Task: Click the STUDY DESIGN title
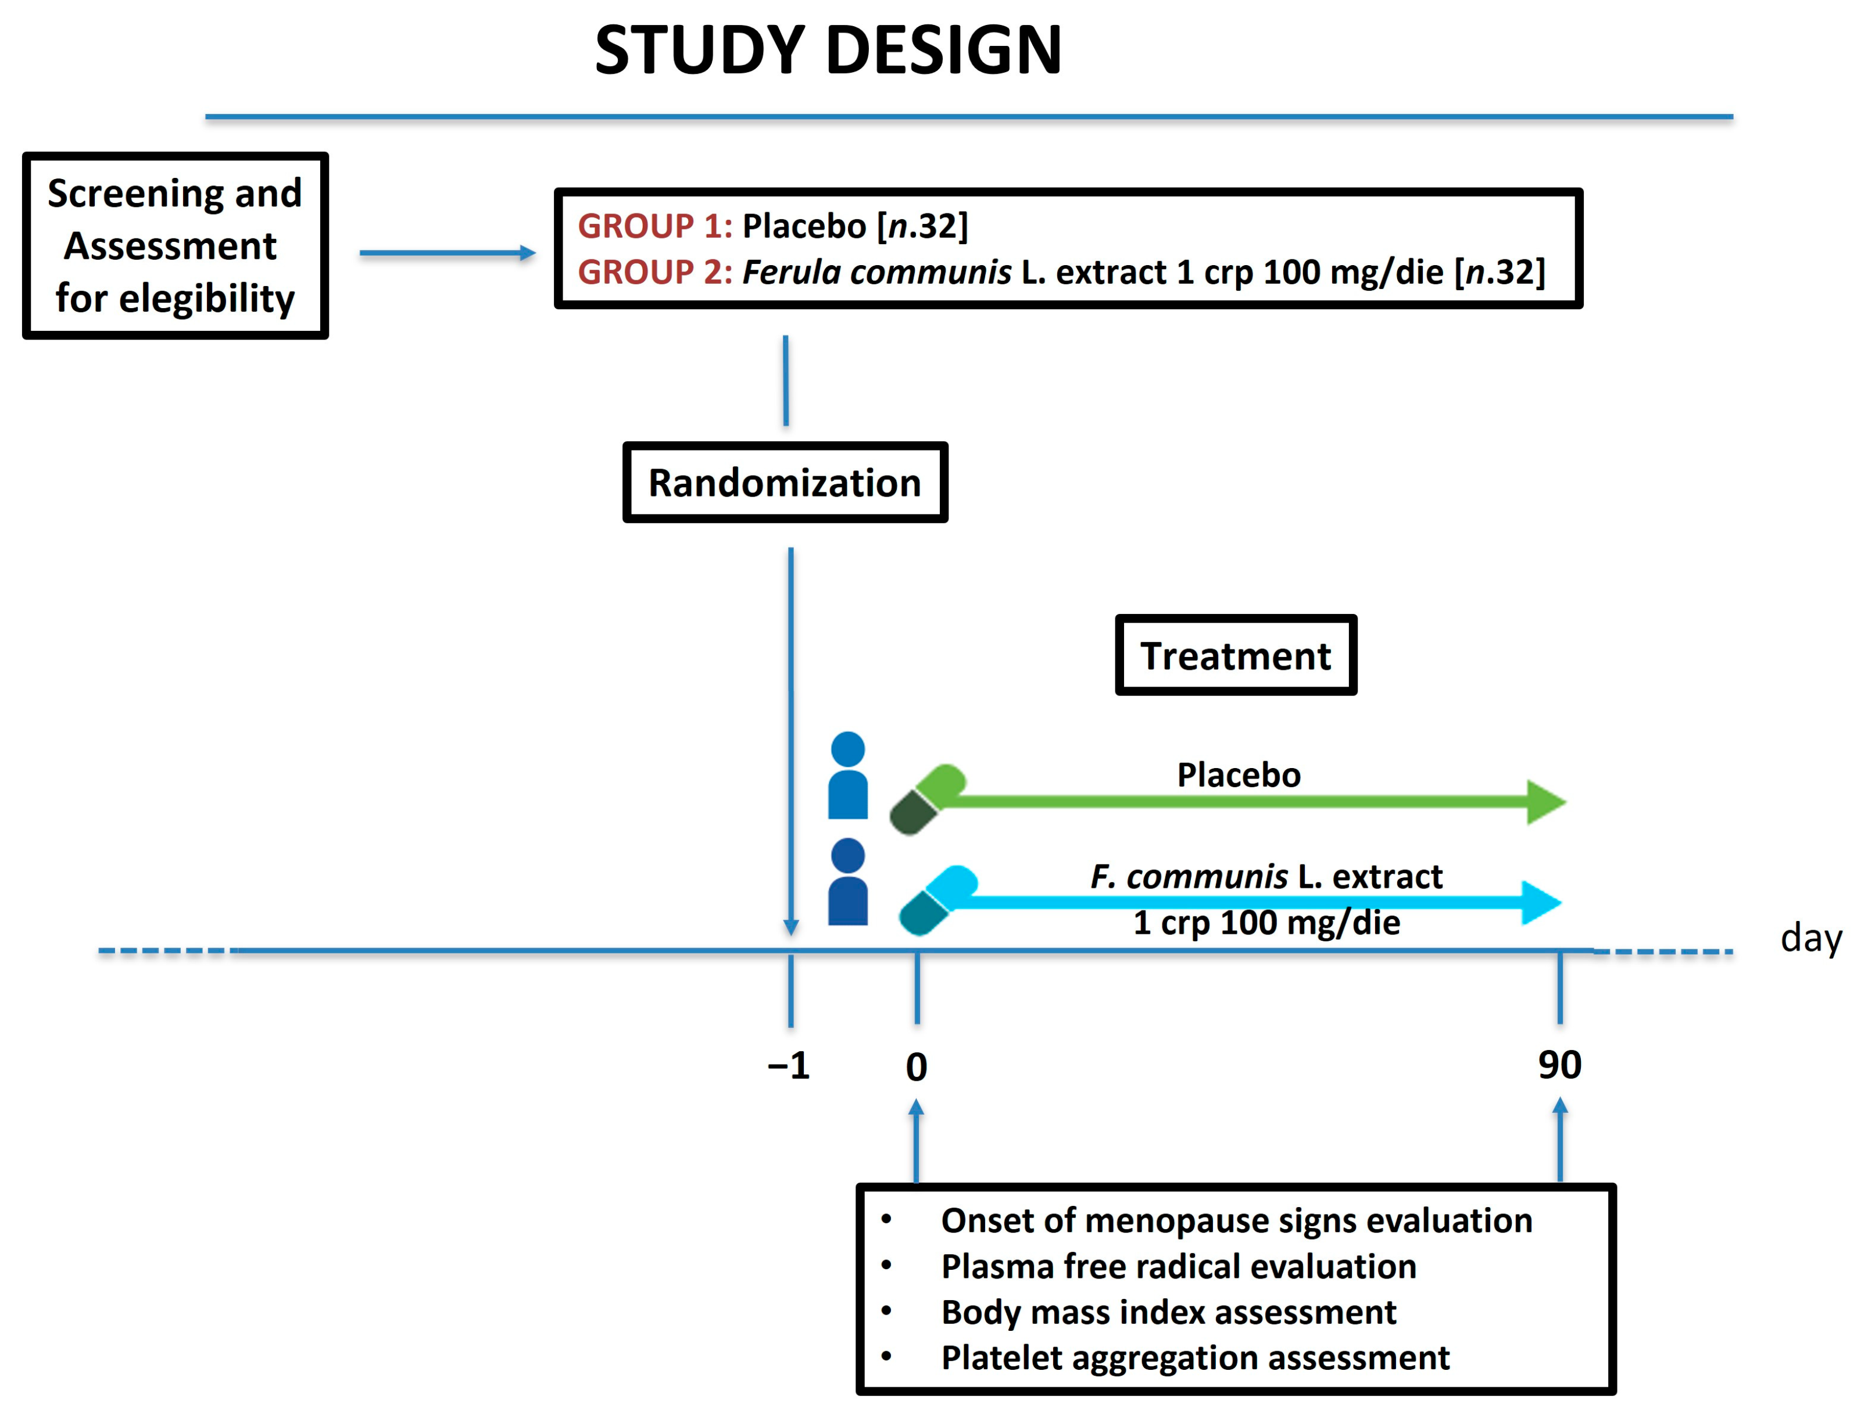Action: click(827, 51)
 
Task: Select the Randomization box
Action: click(784, 482)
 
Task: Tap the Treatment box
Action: click(1234, 655)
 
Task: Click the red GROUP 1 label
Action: click(654, 226)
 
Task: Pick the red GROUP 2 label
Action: click(654, 272)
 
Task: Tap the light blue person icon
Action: click(847, 775)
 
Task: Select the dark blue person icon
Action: click(847, 881)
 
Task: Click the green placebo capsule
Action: click(926, 799)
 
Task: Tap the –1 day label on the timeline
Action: click(788, 1065)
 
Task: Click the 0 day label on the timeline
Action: click(916, 1066)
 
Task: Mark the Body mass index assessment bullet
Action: click(1167, 1312)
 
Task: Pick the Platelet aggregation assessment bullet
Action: click(1194, 1358)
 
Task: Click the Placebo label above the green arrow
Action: click(1238, 775)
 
